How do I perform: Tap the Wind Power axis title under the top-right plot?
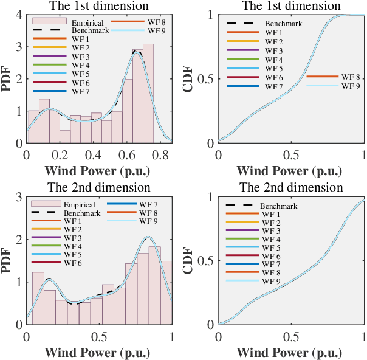click(x=291, y=170)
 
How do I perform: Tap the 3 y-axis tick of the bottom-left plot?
click(x=19, y=197)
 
